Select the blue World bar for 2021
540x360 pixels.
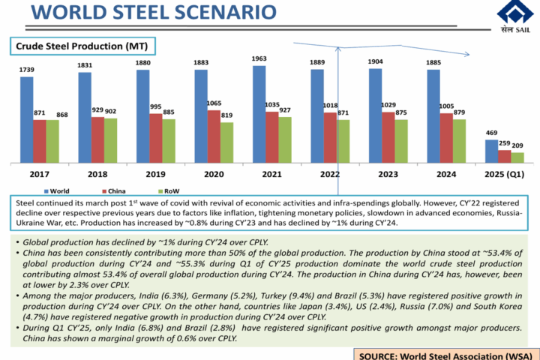point(259,115)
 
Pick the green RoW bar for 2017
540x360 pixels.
point(52,141)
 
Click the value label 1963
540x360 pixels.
point(259,58)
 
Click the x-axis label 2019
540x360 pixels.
point(154,174)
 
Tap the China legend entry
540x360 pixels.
point(116,190)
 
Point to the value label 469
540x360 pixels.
point(491,133)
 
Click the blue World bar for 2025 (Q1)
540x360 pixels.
point(491,151)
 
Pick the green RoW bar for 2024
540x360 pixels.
point(459,141)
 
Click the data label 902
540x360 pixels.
point(110,111)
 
